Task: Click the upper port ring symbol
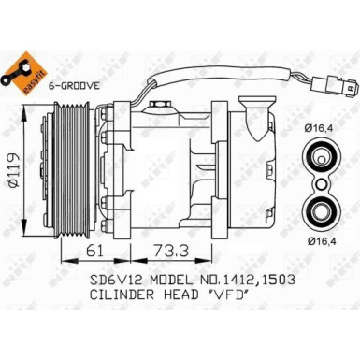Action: pos(320,157)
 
